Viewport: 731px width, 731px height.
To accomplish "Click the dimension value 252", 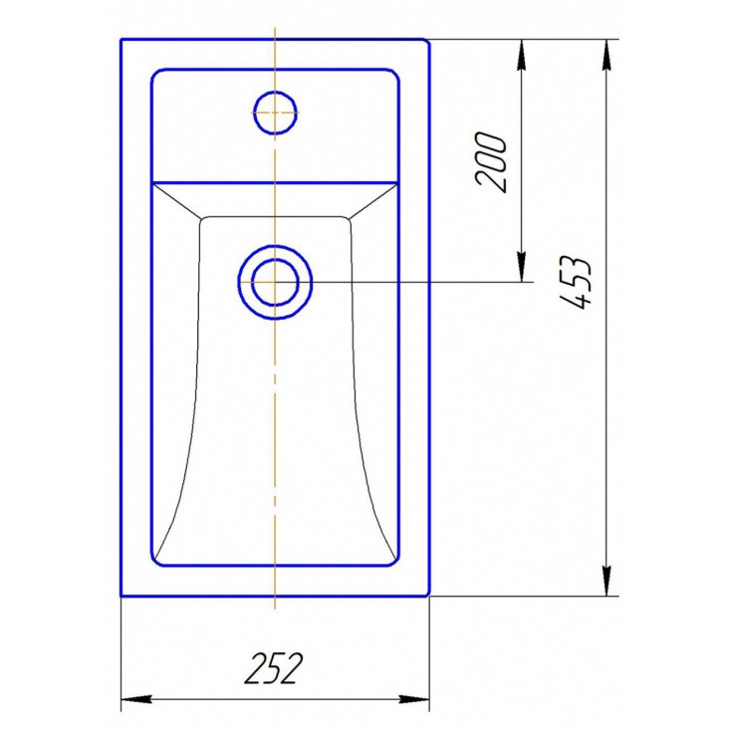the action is pos(274,668).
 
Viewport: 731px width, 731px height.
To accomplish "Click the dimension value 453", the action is pos(576,283).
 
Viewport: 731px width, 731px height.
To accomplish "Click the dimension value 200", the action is pos(490,162).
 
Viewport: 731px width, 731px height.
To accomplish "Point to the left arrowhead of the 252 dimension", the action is pos(136,699).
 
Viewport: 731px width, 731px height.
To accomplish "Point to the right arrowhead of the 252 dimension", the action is pos(414,699).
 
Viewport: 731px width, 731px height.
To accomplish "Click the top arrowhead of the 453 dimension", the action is pos(607,55).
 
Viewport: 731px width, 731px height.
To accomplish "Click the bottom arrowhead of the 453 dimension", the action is pos(607,581).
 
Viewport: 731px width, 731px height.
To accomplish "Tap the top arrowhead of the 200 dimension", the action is pos(522,55).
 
